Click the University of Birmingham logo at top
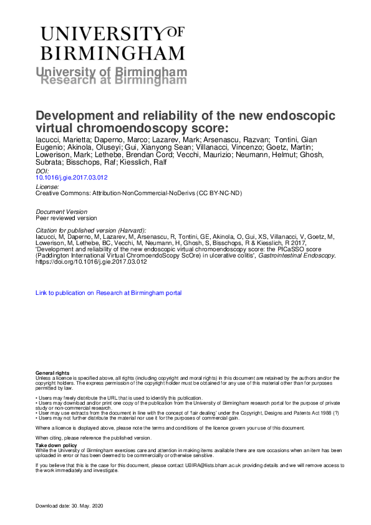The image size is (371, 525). tap(112, 42)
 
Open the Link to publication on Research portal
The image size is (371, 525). tap(108, 292)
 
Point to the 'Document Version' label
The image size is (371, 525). tap(62, 212)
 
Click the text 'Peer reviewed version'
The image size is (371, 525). tap(66, 218)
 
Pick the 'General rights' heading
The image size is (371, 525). tap(52, 372)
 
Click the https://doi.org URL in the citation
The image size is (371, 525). tap(92, 262)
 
